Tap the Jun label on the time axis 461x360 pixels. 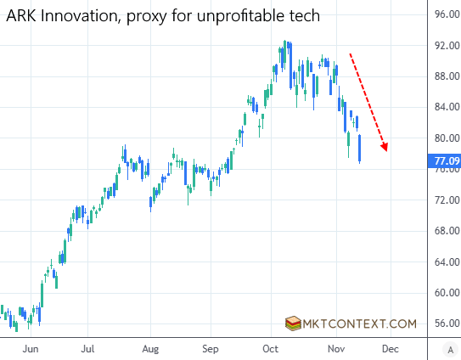31,348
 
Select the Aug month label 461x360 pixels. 150,348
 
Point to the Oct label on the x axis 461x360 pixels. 271,348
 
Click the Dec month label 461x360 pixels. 390,348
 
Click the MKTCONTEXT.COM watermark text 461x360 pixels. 362,323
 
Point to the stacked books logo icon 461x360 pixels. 294,323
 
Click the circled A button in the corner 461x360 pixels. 449,348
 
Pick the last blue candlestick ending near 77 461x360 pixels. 360,148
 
